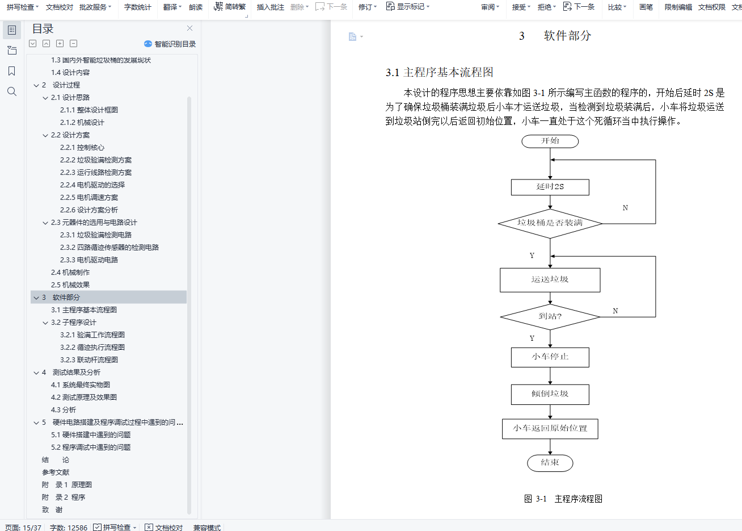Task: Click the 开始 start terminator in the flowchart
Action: tap(550, 141)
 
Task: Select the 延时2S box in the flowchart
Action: tap(550, 187)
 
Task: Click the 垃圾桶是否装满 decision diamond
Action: tap(550, 223)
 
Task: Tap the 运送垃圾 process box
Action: tap(550, 280)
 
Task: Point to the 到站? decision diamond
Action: tap(550, 316)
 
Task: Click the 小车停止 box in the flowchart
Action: tap(550, 357)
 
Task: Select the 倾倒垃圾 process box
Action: tap(550, 394)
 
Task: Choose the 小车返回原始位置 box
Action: tap(550, 429)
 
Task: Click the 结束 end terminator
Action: tap(550, 463)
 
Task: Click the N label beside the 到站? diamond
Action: tap(615, 311)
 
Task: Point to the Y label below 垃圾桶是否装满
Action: tap(532, 256)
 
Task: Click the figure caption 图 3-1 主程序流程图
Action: tap(563, 499)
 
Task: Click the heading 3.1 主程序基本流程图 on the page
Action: tap(440, 72)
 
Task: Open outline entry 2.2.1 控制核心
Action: tap(82, 147)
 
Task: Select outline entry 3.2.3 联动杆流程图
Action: tap(89, 359)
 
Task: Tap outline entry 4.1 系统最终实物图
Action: tap(81, 384)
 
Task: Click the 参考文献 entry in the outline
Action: tap(56, 472)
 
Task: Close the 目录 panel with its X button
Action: tap(189, 28)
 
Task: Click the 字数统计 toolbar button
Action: tap(138, 7)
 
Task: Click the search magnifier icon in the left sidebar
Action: tap(12, 91)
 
